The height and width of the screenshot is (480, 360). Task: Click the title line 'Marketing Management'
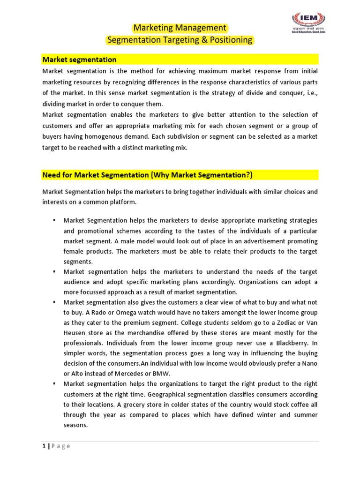click(180, 28)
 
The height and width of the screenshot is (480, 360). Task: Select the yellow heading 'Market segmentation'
click(79, 60)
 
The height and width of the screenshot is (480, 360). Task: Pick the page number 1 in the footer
click(44, 446)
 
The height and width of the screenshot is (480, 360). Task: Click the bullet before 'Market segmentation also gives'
click(54, 302)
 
